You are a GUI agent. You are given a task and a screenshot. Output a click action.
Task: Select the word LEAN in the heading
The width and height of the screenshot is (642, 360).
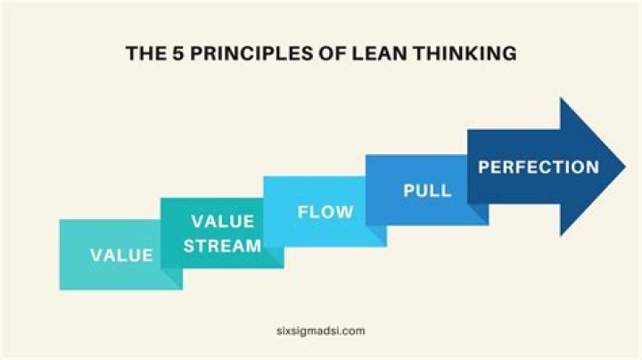[x=377, y=54]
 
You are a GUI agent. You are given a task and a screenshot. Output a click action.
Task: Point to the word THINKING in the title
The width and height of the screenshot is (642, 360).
[x=465, y=54]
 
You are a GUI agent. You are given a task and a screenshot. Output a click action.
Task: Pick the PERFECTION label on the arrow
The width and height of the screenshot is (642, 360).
[x=539, y=167]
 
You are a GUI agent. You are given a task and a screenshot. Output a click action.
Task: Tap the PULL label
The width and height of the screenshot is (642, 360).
[x=427, y=191]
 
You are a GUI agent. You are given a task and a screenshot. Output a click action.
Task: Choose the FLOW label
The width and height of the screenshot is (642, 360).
[x=325, y=213]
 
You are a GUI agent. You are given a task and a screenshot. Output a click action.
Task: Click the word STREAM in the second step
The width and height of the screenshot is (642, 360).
[x=223, y=244]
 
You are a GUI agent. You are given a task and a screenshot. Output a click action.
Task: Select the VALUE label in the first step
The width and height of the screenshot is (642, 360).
[x=121, y=256]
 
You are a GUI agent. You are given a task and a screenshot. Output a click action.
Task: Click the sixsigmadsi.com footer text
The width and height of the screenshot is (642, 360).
[x=321, y=330]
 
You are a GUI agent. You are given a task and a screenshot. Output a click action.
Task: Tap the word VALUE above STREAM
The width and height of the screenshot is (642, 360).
[x=223, y=221]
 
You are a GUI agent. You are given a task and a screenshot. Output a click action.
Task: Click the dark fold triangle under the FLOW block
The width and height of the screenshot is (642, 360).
[x=378, y=235]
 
